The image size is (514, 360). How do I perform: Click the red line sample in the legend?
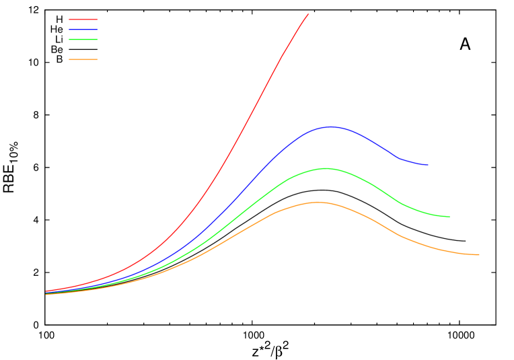pos(83,20)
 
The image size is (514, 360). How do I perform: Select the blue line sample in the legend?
pos(83,30)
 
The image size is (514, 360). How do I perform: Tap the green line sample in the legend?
pos(83,40)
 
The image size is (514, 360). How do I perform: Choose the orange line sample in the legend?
pos(83,60)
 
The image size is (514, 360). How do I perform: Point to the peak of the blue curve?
pos(331,127)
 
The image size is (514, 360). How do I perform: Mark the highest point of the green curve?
pos(326,168)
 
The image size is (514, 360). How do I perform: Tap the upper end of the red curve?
pos(308,14)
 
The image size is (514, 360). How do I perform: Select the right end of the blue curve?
pos(428,165)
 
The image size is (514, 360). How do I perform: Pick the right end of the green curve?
pos(449,217)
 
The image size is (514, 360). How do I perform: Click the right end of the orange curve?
pos(479,255)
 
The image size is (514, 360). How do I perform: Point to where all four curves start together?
pos(46,293)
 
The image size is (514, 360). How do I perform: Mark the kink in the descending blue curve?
pos(400,159)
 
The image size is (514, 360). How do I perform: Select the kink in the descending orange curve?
pos(400,236)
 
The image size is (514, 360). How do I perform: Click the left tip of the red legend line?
pos(69,20)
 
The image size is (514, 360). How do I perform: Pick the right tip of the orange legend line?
pos(97,60)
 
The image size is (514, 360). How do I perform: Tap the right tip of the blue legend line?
pos(97,30)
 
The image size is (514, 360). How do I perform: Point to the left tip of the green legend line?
pos(69,40)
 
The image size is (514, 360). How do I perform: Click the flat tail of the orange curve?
pos(464,254)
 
